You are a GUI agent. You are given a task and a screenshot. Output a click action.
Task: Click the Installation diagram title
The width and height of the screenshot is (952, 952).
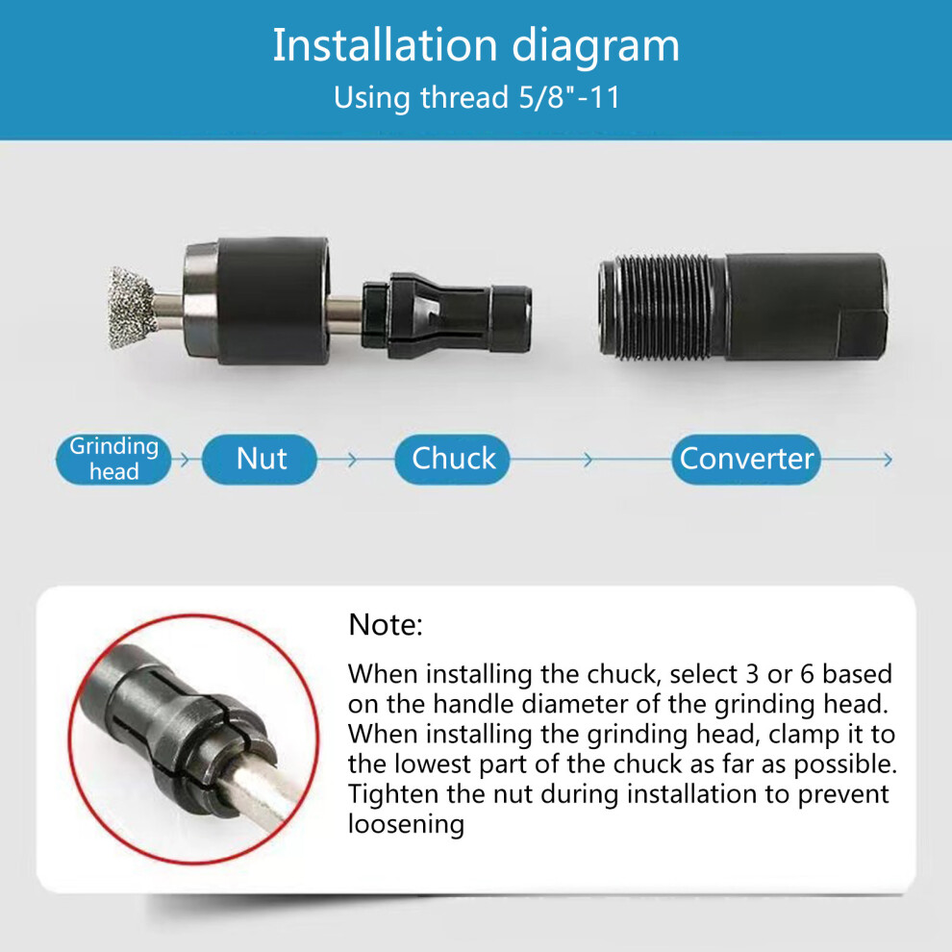[476, 45]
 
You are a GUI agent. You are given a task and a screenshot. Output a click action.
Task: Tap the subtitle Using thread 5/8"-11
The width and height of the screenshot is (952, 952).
[477, 97]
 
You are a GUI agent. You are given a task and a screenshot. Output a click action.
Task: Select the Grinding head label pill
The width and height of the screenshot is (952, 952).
[113, 459]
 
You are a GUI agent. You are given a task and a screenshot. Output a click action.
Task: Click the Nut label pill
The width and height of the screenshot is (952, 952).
[260, 459]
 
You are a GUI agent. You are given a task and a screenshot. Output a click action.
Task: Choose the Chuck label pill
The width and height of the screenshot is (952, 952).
[452, 459]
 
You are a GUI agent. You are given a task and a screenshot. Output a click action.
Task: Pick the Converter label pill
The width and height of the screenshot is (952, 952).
[746, 459]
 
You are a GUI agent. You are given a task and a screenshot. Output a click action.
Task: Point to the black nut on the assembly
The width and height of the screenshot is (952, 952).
[258, 301]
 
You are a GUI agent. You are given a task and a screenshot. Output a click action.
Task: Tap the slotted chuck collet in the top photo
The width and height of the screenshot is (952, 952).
[447, 315]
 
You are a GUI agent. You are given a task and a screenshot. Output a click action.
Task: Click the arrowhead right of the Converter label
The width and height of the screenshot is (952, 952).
[888, 460]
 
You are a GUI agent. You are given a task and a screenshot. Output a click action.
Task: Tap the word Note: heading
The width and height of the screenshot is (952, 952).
[386, 624]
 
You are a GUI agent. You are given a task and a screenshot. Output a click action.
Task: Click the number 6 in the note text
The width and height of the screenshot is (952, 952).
[807, 674]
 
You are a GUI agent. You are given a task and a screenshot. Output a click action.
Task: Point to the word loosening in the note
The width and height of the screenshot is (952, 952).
[406, 825]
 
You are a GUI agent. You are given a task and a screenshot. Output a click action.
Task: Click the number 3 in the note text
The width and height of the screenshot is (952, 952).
[752, 674]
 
